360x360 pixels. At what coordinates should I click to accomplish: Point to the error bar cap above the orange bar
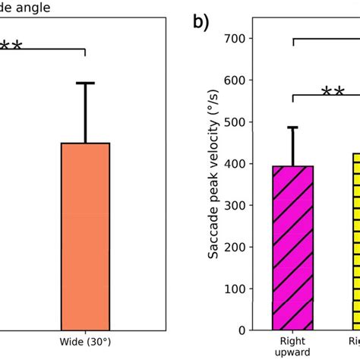85,83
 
